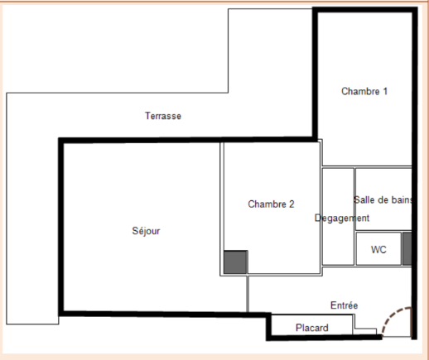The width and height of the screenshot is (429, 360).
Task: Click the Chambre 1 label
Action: click(x=364, y=91)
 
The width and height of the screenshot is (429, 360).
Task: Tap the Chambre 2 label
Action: click(x=271, y=204)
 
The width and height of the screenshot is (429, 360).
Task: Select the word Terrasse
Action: click(x=163, y=116)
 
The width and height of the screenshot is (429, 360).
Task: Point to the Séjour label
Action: click(x=146, y=231)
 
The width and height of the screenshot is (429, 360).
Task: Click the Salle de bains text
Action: click(x=383, y=199)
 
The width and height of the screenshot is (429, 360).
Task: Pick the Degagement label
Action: click(x=342, y=218)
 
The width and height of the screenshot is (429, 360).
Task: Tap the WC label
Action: click(x=378, y=250)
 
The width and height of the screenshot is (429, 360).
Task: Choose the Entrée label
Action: click(x=345, y=305)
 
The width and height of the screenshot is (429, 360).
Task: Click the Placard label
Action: click(x=312, y=328)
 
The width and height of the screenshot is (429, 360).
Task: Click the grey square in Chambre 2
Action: click(x=235, y=262)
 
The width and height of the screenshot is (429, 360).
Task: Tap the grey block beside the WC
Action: click(x=407, y=248)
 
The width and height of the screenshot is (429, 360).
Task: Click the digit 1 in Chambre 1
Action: click(x=385, y=91)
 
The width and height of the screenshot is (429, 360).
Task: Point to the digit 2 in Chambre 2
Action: click(x=292, y=204)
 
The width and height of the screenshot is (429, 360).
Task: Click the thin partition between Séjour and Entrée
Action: click(x=248, y=294)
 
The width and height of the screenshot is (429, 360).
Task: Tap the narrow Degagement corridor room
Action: click(x=338, y=217)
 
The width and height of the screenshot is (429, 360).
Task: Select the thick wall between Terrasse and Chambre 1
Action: click(x=315, y=74)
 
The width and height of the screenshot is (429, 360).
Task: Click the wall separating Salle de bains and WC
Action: click(x=383, y=231)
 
